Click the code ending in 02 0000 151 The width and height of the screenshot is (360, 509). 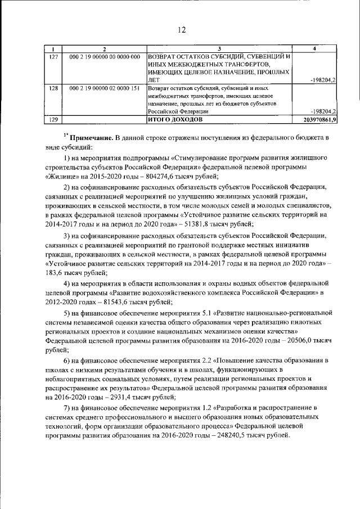[104, 88]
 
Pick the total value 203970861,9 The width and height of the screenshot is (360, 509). [319, 120]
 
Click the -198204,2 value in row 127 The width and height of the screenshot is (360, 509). [323, 80]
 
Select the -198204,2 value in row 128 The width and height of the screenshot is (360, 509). [323, 111]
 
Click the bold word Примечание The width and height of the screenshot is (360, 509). [91, 137]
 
